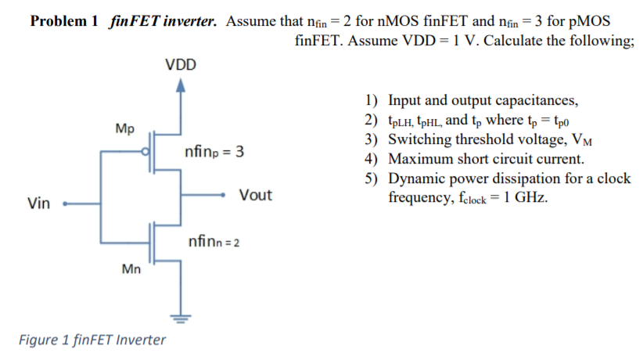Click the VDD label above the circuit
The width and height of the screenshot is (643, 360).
coord(181,64)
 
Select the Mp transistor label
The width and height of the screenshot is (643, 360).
coord(124,128)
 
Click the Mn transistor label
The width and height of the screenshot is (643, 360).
coord(131,270)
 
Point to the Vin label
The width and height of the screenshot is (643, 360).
coord(38,204)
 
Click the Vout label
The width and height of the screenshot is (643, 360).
coord(256,195)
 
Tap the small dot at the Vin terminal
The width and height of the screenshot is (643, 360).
coord(66,203)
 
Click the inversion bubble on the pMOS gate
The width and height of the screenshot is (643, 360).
coord(145,154)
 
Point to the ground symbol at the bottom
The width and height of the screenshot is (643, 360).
coord(181,318)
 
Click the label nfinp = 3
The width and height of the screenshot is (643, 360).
coord(214,152)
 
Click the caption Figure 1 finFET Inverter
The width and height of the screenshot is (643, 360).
coord(92,340)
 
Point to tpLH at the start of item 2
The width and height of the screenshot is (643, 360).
coord(401,121)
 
